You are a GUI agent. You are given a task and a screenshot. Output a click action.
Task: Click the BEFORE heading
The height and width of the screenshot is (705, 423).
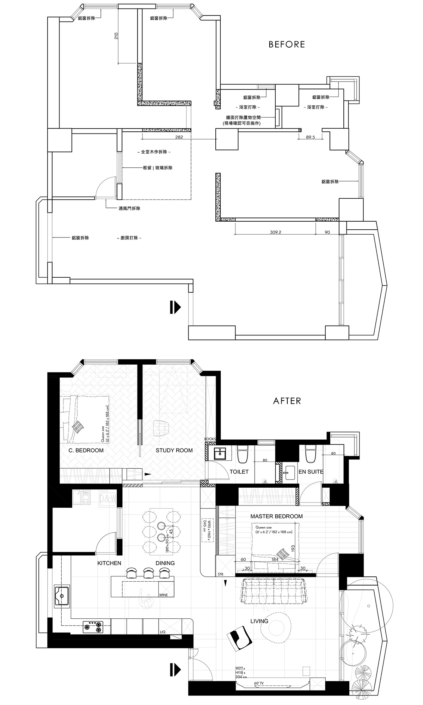pos(287,44)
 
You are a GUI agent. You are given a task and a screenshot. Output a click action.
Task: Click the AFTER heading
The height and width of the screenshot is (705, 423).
pos(287,401)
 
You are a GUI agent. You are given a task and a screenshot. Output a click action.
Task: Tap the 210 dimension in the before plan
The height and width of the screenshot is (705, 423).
pos(116,36)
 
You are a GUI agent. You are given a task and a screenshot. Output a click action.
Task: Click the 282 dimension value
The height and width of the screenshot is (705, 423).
pos(179,137)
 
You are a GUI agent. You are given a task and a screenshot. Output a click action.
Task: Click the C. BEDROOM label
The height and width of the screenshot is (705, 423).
pos(86,450)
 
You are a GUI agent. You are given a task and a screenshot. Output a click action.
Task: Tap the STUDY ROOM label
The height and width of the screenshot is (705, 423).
pos(174,450)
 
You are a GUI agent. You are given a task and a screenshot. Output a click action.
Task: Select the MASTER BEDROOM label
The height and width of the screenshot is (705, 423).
pos(276,516)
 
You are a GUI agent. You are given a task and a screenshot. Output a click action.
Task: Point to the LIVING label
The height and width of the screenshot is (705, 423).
pos(259,621)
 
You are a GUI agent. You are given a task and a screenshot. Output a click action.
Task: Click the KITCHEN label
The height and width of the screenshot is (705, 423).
pos(109,563)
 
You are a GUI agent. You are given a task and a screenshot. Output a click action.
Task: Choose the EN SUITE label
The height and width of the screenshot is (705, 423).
pos(311,471)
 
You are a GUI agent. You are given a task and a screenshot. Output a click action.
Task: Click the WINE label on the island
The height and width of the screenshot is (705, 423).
pos(164,595)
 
